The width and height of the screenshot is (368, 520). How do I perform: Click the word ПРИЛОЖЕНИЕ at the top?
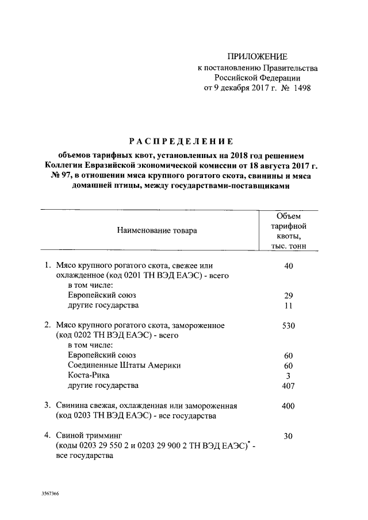pos(256,56)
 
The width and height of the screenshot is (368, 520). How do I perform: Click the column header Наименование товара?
pos(156,230)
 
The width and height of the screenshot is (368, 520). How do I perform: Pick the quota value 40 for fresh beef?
pos(289,266)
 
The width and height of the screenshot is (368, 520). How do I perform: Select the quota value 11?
pos(289,305)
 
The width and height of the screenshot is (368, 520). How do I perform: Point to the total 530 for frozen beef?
pos(289,325)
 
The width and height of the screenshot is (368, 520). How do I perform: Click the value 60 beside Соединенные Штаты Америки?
pos(289,365)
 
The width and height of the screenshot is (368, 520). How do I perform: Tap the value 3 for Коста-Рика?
pos(289,375)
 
